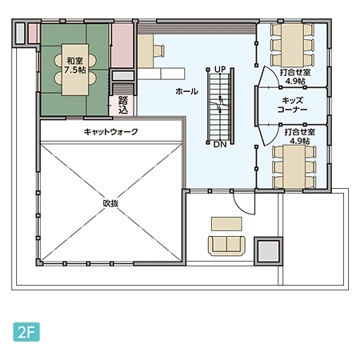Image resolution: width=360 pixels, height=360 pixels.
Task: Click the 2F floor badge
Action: point(26,332)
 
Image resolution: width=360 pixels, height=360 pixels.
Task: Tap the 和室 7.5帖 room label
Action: point(75,66)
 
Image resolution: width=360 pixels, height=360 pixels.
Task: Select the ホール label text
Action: point(186,91)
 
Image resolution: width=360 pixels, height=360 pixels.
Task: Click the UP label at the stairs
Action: point(220,70)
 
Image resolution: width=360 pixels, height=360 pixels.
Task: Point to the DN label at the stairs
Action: point(220,145)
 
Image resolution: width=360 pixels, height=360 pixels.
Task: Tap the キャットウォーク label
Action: point(110,132)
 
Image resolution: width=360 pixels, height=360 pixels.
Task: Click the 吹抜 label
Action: point(110,203)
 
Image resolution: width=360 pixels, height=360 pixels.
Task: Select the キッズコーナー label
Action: point(292,105)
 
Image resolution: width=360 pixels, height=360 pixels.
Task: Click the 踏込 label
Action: point(123,105)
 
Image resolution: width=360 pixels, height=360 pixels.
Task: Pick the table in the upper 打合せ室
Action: point(292,45)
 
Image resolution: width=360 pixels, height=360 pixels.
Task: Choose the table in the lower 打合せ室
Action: point(294,166)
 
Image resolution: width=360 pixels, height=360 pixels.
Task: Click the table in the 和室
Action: point(75,70)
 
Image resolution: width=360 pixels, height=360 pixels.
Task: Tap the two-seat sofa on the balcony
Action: point(226,246)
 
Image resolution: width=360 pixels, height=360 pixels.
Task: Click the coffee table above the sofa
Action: point(226,224)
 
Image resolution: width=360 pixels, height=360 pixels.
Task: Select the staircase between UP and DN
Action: point(220,106)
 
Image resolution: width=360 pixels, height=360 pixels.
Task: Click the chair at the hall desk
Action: point(158,51)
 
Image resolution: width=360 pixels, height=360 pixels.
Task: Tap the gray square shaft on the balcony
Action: point(268,251)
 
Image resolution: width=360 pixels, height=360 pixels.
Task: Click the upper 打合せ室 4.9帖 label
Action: point(295,77)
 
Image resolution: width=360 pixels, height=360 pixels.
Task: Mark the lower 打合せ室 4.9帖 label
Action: point(300,137)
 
